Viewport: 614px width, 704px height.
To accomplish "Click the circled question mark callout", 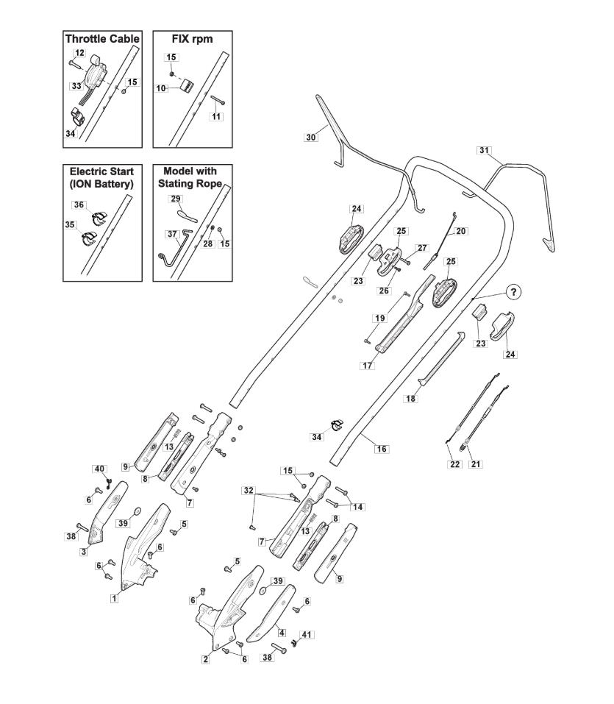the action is click(513, 292).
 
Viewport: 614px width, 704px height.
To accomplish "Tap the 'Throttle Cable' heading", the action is click(102, 39).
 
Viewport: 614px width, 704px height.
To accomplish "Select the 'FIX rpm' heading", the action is click(192, 39).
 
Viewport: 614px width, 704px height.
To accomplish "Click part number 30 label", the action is click(310, 138).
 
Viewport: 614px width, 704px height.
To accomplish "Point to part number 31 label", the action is click(485, 150).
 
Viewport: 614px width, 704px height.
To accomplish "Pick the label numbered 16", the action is click(382, 449).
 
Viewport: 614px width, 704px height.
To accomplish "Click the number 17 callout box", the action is click(367, 366).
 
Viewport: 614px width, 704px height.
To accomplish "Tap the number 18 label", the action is click(410, 398).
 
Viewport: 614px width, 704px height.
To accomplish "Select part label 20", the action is click(461, 231).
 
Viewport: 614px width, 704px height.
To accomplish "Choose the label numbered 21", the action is click(476, 463).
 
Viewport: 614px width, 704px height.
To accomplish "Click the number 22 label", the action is click(454, 463).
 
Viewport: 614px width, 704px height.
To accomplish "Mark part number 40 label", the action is click(99, 469).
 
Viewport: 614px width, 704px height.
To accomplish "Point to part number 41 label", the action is click(306, 634).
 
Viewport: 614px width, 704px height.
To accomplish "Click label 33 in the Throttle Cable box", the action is click(76, 86).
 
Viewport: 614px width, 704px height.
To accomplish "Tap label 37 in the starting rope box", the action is click(172, 234).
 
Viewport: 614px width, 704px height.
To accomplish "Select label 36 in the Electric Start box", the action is click(79, 205).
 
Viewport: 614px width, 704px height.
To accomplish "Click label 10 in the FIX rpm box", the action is click(161, 88).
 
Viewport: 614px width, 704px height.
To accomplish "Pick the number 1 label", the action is click(114, 598).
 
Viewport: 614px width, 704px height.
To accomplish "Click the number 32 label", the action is click(249, 490).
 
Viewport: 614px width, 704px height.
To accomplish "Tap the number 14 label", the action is click(357, 507).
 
